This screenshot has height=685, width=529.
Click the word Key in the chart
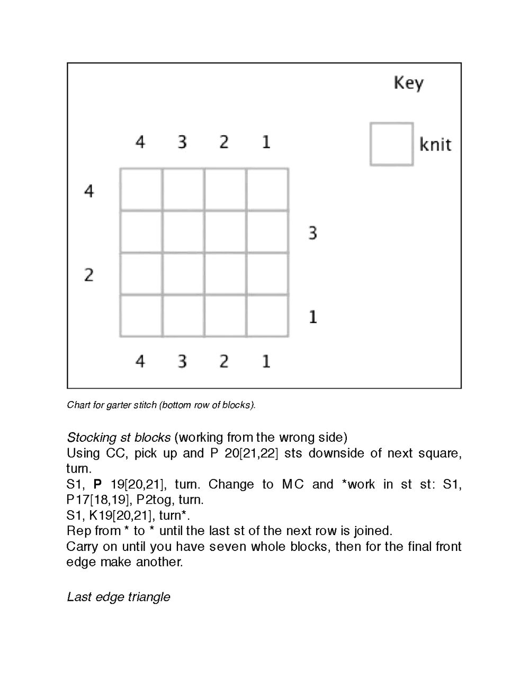[x=408, y=84]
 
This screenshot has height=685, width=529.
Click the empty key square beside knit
[x=391, y=144]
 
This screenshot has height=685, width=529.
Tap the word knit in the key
[x=435, y=145]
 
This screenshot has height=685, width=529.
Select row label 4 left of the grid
[x=89, y=191]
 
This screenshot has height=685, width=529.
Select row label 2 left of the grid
[x=89, y=275]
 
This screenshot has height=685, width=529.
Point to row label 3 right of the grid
[x=312, y=233]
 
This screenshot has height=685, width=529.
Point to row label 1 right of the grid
[x=312, y=317]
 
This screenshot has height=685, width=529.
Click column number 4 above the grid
[x=140, y=142]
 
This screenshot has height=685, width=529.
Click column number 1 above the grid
[x=266, y=142]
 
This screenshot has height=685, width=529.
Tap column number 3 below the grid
[x=182, y=361]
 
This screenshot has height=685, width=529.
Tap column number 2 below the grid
[x=224, y=361]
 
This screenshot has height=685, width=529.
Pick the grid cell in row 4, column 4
[x=141, y=190]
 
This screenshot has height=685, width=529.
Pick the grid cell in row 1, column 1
[x=267, y=316]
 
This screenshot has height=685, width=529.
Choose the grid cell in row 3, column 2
[x=225, y=232]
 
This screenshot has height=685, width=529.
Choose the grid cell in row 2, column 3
[x=183, y=274]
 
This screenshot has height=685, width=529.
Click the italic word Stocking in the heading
[x=91, y=438]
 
